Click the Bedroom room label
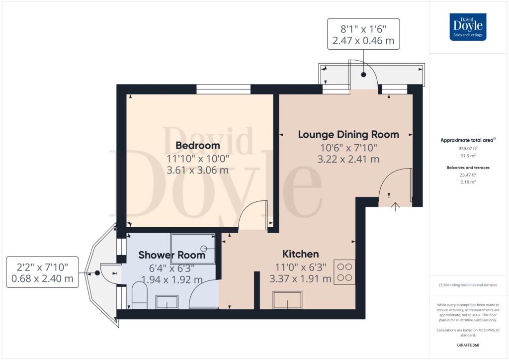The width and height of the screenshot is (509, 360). pyautogui.click(x=198, y=145)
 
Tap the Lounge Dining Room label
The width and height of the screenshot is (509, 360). pyautogui.click(x=348, y=134)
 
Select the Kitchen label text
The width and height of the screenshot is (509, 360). pyautogui.click(x=300, y=254)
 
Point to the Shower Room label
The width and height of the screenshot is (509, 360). pyautogui.click(x=171, y=255)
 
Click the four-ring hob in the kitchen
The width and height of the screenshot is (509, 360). pyautogui.click(x=344, y=272)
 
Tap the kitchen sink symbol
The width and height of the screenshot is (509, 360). pyautogui.click(x=288, y=300)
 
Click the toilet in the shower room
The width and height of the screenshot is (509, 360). pyautogui.click(x=140, y=295)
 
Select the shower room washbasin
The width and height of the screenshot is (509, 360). pyautogui.click(x=167, y=302)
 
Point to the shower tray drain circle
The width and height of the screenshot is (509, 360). pyautogui.click(x=204, y=249)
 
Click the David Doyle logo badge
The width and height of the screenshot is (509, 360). pyautogui.click(x=468, y=27)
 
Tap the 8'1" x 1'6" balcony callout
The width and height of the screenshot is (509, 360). pyautogui.click(x=363, y=34)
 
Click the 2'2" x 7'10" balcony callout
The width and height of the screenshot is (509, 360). pyautogui.click(x=43, y=272)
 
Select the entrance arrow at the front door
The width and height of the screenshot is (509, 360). pyautogui.click(x=395, y=207)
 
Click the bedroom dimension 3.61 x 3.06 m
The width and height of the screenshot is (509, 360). pyautogui.click(x=198, y=170)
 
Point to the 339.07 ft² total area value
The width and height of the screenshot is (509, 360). pyautogui.click(x=468, y=148)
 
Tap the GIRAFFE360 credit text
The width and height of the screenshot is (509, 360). pyautogui.click(x=468, y=345)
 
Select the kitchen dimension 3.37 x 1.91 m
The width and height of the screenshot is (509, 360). pyautogui.click(x=300, y=279)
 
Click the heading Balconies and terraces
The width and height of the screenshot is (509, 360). pyautogui.click(x=468, y=168)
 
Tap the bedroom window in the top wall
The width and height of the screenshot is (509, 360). pyautogui.click(x=223, y=90)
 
